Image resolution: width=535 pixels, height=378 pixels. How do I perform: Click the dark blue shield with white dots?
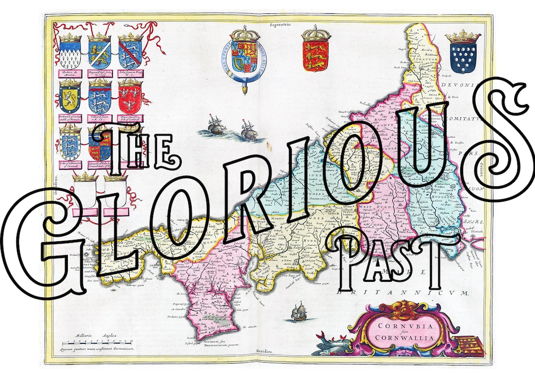[463, 57]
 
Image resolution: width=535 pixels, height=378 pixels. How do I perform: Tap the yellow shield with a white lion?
[70, 97]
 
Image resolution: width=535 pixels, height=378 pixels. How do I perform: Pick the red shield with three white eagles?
[129, 97]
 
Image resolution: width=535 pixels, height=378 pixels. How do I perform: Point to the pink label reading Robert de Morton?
[70, 73]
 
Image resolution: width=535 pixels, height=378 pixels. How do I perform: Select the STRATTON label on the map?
[426, 58]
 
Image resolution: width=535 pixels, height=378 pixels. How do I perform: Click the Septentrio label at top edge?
[279, 24]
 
